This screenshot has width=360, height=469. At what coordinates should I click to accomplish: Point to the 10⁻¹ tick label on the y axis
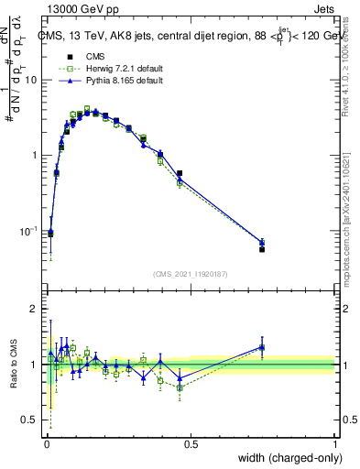28,230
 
